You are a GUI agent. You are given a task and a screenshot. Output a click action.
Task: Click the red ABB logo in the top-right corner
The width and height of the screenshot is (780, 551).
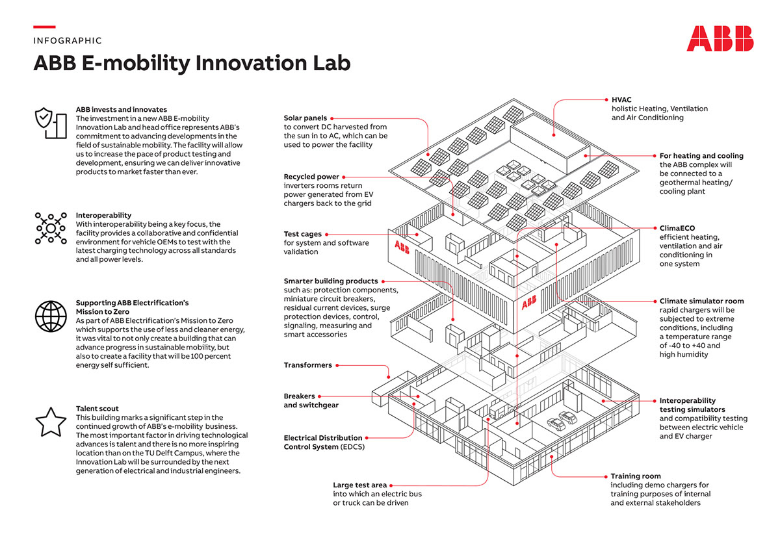pos(720,38)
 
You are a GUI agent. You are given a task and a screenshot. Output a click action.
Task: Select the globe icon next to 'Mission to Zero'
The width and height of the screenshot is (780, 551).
pos(50,316)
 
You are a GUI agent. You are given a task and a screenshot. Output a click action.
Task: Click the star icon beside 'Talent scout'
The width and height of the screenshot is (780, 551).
pos(50,422)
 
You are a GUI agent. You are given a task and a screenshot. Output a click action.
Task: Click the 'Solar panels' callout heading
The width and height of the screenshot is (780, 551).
pos(305,118)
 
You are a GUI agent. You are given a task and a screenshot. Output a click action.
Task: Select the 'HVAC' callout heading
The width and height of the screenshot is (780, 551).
pos(621,99)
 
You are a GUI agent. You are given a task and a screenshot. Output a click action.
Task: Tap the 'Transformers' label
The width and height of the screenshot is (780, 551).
pos(307,365)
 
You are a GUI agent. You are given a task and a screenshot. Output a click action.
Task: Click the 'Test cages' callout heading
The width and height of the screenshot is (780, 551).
pos(302,234)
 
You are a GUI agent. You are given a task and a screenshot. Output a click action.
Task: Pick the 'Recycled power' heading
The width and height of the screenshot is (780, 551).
pos(311,177)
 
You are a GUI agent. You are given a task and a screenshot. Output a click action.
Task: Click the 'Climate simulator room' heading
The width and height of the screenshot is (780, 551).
pos(701,301)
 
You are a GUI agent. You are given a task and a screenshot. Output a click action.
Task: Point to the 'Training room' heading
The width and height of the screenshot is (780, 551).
pos(635,476)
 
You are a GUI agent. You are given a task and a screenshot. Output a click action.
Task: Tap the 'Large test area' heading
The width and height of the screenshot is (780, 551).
pos(359,485)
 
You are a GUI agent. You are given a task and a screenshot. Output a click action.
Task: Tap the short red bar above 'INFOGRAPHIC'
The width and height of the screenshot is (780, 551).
pos(44,27)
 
